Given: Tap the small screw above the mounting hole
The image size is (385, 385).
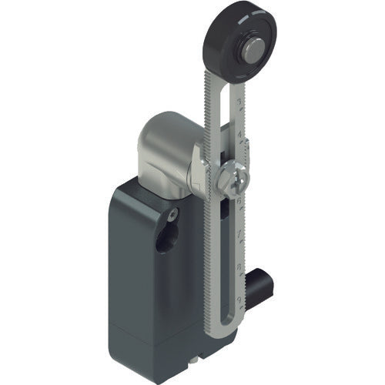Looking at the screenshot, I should (175, 213).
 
